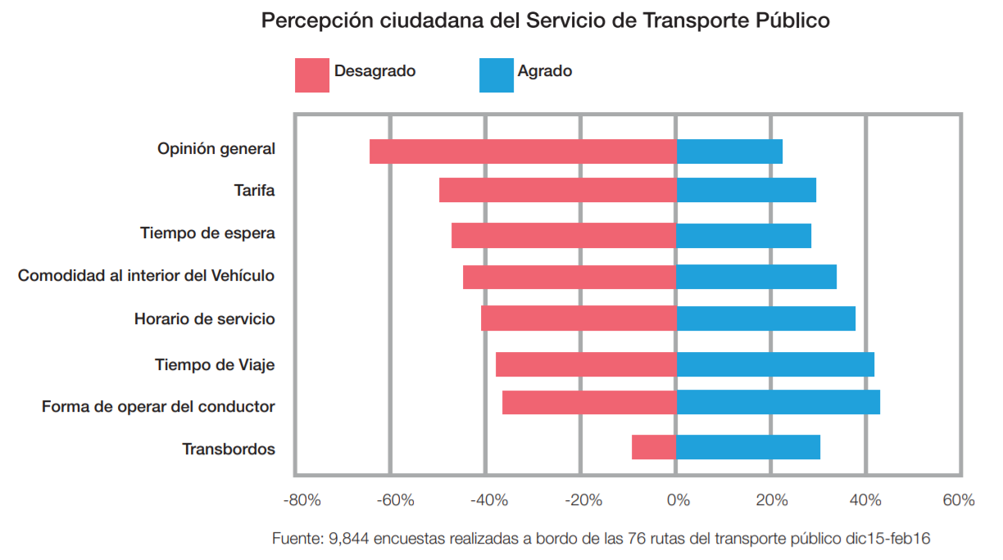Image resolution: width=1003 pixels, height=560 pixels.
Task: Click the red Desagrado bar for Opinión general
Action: (x=522, y=151)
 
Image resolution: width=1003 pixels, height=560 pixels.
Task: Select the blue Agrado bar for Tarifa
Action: (x=746, y=190)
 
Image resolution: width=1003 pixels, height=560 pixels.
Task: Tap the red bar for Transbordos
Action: (x=653, y=447)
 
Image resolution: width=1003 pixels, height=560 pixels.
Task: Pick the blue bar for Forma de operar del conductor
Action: (x=778, y=403)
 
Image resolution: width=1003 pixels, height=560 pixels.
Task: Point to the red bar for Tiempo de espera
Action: (x=563, y=236)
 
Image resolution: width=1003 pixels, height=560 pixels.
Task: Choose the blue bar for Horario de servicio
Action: (x=765, y=318)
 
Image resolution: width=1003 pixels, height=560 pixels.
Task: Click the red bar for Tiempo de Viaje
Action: (x=585, y=364)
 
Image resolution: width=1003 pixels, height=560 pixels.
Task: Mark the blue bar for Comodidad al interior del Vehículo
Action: (x=756, y=277)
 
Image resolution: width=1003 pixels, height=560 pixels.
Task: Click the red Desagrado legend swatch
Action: (x=311, y=75)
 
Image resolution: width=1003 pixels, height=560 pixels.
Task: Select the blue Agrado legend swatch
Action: (x=496, y=75)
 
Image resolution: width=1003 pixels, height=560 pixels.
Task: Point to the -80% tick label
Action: (x=302, y=500)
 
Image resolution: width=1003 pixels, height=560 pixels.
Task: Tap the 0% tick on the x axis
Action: (x=677, y=500)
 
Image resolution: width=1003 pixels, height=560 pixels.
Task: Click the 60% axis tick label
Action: (x=958, y=500)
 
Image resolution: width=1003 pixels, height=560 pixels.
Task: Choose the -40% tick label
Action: (x=490, y=500)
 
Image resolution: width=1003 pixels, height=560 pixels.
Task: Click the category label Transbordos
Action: (x=229, y=449)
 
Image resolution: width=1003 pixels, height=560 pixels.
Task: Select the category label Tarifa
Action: (x=254, y=191)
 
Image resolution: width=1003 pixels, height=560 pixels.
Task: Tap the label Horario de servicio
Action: (x=205, y=318)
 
